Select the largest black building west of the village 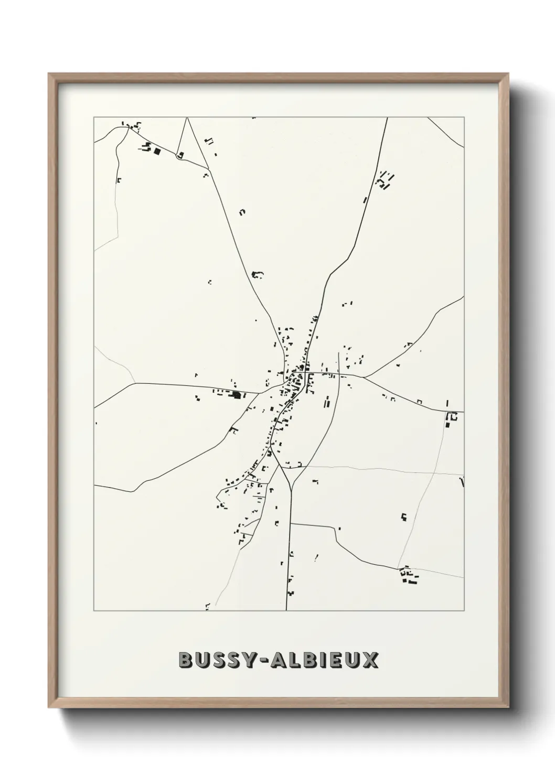237,395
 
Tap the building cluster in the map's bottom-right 408,575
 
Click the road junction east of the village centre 364,376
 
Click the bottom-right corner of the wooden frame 508,706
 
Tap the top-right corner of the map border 464,117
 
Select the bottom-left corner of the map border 94,611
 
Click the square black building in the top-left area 157,152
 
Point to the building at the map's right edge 451,418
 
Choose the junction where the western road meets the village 261,392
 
